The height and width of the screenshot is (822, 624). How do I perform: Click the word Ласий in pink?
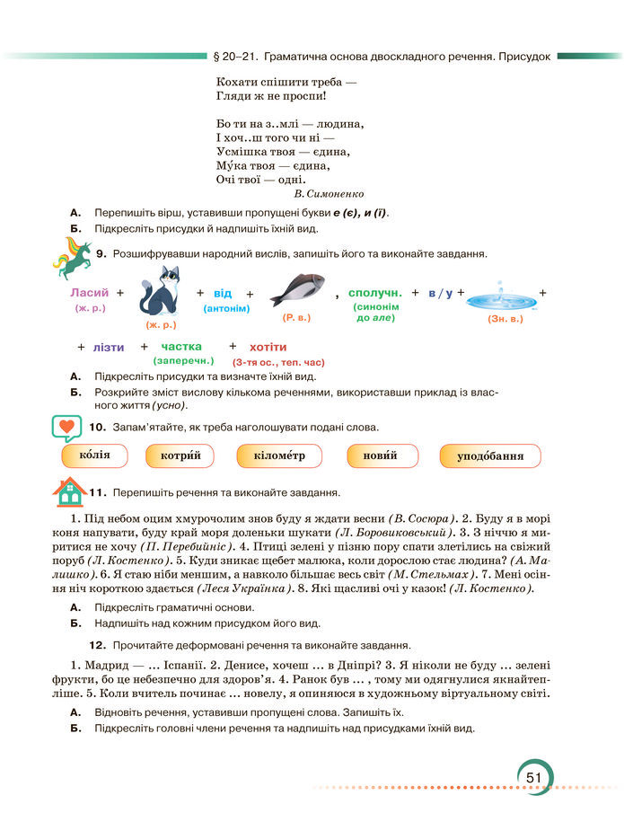89,293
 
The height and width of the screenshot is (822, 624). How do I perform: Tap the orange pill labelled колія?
94,455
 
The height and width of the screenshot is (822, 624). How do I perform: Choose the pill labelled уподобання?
489,456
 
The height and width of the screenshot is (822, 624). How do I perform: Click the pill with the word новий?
381,456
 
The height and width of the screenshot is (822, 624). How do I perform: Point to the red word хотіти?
268,347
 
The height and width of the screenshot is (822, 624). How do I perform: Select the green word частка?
181,346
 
